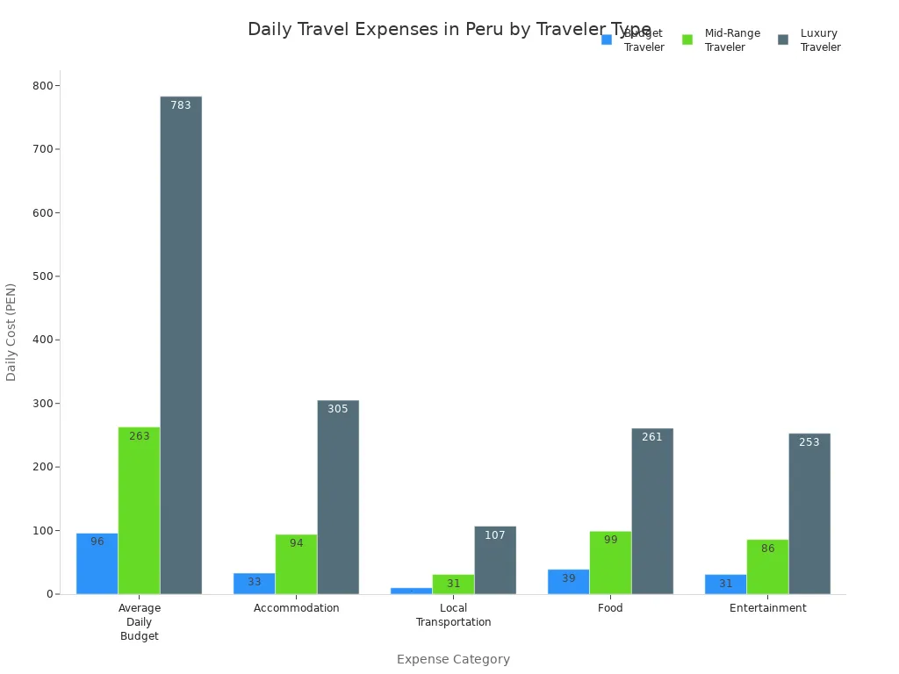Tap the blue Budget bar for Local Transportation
(x=411, y=591)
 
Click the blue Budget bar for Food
(x=568, y=582)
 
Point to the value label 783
(x=181, y=105)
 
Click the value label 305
(x=338, y=409)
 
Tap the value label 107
(x=495, y=535)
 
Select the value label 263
(x=140, y=436)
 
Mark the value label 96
(x=97, y=541)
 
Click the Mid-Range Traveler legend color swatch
(x=687, y=39)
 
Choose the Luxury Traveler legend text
(x=820, y=40)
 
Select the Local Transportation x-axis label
(x=453, y=615)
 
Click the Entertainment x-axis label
(x=767, y=608)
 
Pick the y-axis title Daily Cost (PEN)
(x=11, y=332)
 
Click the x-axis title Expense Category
(x=453, y=659)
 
